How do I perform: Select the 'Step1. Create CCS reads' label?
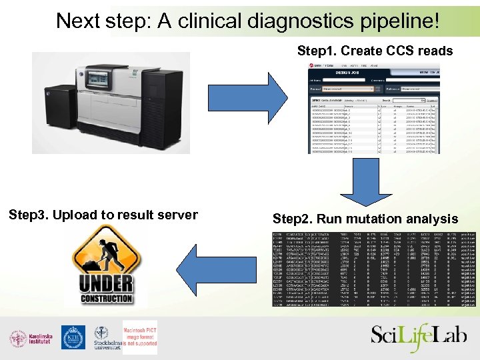(375, 51)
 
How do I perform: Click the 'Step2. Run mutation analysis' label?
(365, 219)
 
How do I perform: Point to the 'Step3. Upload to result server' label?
(103, 215)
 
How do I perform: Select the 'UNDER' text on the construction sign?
(106, 283)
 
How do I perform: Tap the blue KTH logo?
(73, 337)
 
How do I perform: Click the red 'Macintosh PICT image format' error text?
(139, 337)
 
